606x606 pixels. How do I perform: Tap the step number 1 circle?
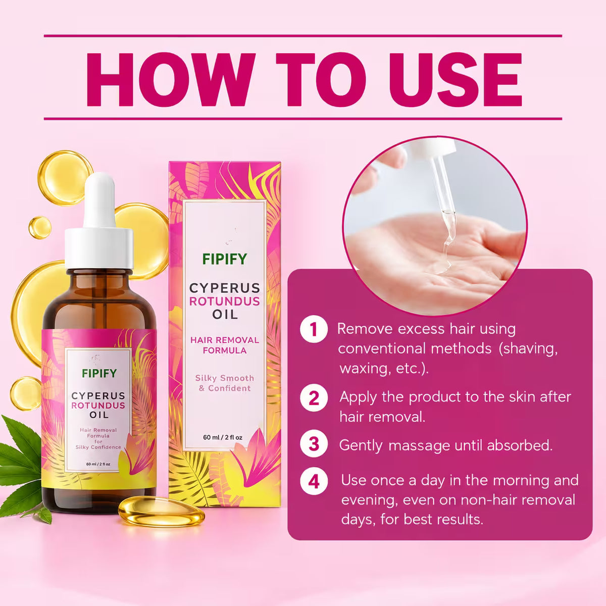tap(314, 330)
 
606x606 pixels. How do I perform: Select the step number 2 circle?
tap(314, 398)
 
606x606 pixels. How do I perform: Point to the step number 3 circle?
tap(314, 444)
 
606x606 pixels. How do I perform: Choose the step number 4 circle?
tap(314, 481)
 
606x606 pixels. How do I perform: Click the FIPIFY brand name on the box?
tap(225, 259)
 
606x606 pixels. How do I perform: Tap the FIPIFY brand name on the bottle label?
tap(99, 373)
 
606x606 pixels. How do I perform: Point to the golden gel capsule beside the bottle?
tap(161, 512)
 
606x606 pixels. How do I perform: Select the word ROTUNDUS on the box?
tap(225, 301)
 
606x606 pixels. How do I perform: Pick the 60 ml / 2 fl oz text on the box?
tap(223, 437)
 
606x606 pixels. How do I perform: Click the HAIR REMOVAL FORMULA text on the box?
tap(225, 345)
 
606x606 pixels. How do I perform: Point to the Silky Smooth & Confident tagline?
tap(225, 383)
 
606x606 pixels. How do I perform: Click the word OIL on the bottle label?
tap(99, 415)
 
